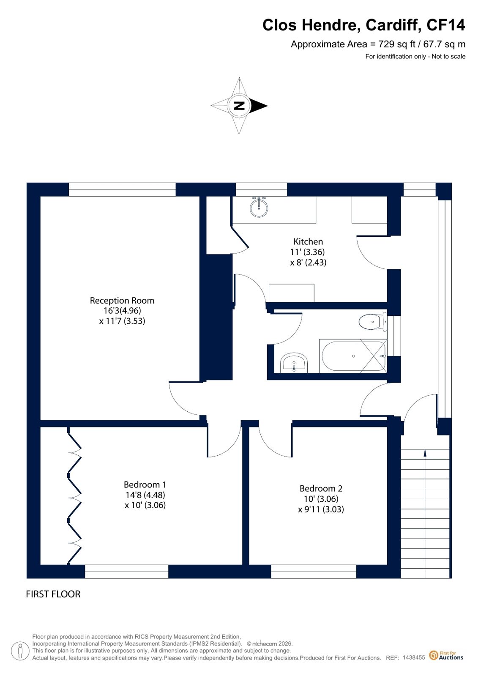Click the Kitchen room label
coord(308,241)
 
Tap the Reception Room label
coord(122,300)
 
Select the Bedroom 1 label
coord(145,484)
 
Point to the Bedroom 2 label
coord(321,488)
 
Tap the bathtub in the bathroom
coord(353,356)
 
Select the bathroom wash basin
coord(294,362)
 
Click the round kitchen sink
coord(259,207)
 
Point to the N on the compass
coord(239,106)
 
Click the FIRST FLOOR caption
coord(53,594)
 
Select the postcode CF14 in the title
coord(445,25)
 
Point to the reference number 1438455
coord(414,657)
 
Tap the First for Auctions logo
coord(446,655)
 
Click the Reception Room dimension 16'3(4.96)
coord(122,310)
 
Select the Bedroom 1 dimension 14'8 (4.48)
coord(145,495)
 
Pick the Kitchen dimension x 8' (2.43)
coord(308,262)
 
